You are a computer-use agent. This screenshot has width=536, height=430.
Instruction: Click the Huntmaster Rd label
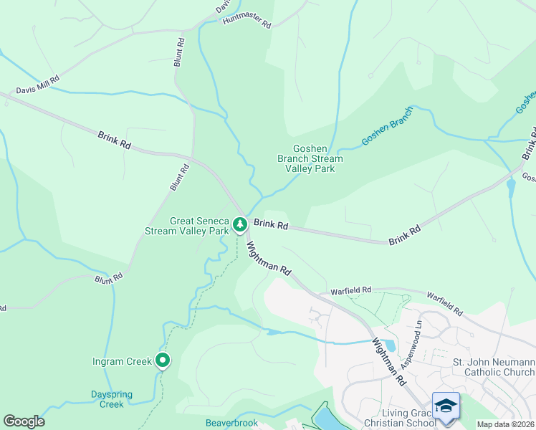click(247, 23)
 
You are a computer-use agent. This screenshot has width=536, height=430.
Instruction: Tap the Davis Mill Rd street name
click(38, 85)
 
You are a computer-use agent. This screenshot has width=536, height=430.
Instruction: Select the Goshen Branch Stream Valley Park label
click(310, 159)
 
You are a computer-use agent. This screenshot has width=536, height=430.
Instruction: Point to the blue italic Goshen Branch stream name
click(387, 126)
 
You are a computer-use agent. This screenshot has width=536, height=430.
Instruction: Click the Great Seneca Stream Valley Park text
click(187, 226)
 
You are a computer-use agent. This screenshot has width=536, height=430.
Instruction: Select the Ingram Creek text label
click(122, 361)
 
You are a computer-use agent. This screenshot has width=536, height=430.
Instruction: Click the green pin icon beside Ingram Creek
click(163, 360)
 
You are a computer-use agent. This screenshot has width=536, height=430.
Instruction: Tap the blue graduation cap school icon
click(445, 405)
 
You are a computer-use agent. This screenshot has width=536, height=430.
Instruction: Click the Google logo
click(24, 421)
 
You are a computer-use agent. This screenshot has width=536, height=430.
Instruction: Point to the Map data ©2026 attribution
click(505, 424)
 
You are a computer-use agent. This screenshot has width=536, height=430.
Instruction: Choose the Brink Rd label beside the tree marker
click(271, 225)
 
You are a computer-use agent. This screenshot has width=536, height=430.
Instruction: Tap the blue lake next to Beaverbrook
click(325, 416)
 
